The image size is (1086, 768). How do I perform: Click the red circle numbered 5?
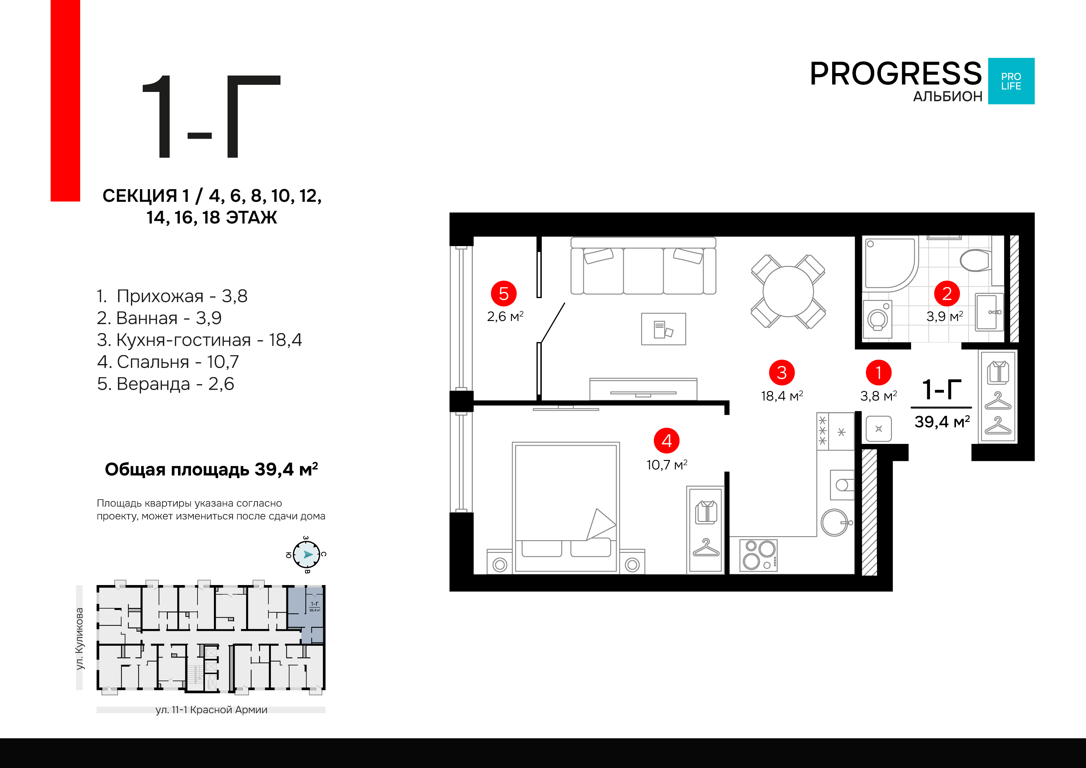504,294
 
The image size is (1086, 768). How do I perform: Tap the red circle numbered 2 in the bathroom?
947,294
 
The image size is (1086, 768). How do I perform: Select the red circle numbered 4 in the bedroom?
667,441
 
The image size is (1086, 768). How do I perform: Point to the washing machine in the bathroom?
877,320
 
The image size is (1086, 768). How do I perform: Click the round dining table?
788,291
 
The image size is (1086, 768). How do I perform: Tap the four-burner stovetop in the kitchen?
758,555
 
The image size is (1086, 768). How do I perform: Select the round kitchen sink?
835,523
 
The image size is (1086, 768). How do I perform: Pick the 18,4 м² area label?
782,396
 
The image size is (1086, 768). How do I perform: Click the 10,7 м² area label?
667,465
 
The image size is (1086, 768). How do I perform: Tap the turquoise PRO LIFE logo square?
1011,81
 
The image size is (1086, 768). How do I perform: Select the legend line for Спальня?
168,362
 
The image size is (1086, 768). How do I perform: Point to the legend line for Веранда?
166,384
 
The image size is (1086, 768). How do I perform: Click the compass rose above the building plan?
306,554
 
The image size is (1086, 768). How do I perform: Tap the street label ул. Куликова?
80,638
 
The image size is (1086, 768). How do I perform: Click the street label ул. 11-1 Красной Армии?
211,710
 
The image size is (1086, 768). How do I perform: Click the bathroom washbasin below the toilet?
989,312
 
